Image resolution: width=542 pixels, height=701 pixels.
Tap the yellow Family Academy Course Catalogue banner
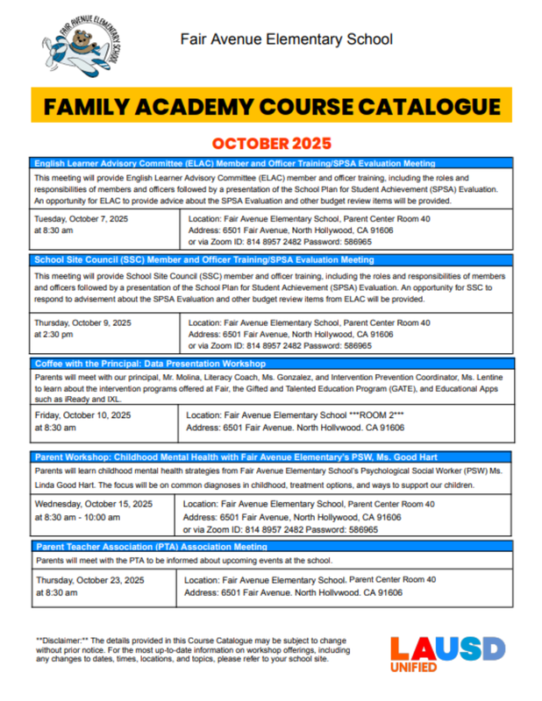tap(271, 107)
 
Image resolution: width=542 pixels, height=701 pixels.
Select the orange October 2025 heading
tap(271, 143)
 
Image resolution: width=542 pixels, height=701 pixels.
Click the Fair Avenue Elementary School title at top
tap(286, 39)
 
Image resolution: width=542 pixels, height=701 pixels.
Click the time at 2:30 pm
tap(58, 335)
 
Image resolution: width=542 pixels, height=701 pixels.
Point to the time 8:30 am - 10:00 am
tap(82, 517)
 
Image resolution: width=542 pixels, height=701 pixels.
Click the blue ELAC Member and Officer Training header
tap(234, 163)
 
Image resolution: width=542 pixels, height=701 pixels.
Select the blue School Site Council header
tap(204, 260)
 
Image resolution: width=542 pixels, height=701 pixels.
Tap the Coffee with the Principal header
tap(150, 363)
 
